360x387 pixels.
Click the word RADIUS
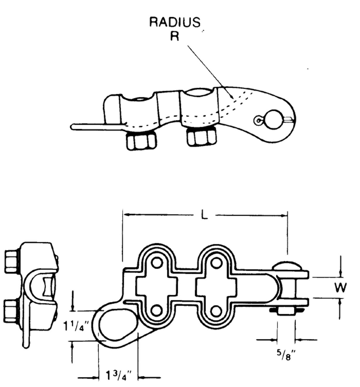(x=175, y=23)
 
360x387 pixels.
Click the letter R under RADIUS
(x=175, y=36)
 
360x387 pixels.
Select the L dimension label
(x=204, y=215)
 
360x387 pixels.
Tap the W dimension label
(x=340, y=287)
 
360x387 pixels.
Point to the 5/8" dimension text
(x=285, y=356)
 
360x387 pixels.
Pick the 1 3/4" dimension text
(x=118, y=375)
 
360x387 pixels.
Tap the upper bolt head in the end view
(x=12, y=261)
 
